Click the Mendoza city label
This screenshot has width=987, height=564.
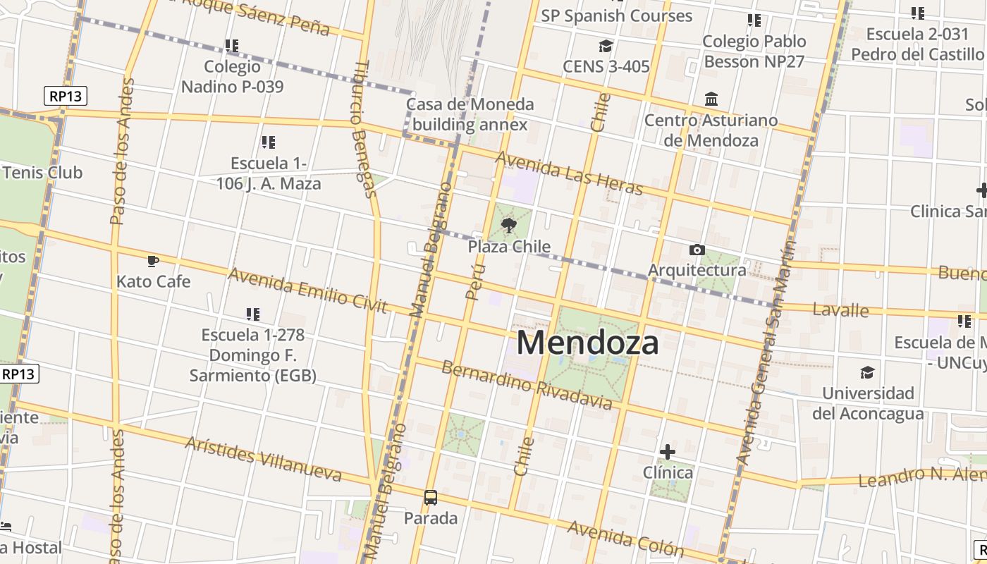pos(588,343)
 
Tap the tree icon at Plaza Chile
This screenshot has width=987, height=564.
pos(508,226)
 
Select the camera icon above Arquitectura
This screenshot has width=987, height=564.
pos(697,250)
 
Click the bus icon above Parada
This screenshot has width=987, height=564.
pos(431,497)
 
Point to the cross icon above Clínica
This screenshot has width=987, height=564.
pos(667,451)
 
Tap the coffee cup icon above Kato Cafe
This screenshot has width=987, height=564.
pos(153,262)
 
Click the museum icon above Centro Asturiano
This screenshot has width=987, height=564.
pos(711,99)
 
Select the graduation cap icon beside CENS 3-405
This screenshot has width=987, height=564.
pos(606,47)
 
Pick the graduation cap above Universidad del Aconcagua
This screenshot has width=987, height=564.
pos(867,372)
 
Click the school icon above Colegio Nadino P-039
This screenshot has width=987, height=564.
pos(232,46)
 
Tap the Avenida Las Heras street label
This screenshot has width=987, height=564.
pos(569,173)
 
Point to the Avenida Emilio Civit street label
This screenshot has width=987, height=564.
pos(308,290)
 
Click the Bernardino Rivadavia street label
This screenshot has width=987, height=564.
pos(527,386)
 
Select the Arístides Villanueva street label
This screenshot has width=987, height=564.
pos(264,459)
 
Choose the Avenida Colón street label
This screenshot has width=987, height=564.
pos(625,539)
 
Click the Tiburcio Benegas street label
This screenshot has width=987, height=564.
pos(364,128)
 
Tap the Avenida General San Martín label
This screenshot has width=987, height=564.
pos(766,352)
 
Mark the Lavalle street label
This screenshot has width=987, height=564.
pos(840,309)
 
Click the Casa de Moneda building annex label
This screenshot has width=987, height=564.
pos(470,115)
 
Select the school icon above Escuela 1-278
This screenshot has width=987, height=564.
pos(253,314)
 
